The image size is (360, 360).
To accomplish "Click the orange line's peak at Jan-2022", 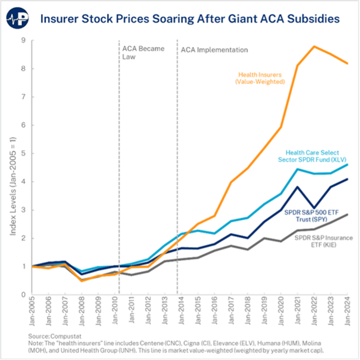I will pyautogui.click(x=314, y=46).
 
